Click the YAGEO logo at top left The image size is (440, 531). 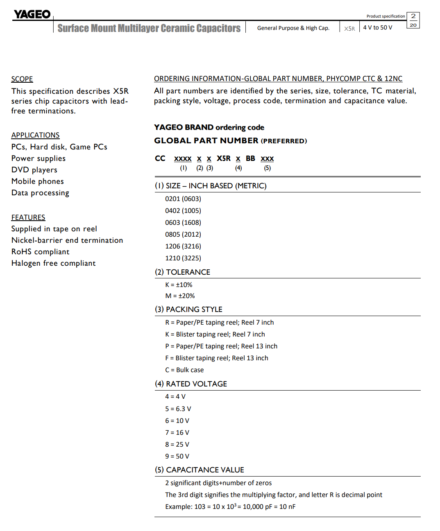coord(32,14)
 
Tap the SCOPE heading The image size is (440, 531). coord(22,79)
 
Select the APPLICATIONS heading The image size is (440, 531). coord(35,135)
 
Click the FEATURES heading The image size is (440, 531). coord(28,217)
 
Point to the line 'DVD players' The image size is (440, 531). coord(34,170)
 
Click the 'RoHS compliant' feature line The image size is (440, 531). coord(40,252)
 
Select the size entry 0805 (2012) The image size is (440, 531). coord(183,234)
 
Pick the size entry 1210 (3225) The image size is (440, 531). coord(183,258)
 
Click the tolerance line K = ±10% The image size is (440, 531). coord(179,285)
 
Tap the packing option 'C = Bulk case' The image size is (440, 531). coord(184,370)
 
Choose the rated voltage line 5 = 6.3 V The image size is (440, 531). coord(178,409)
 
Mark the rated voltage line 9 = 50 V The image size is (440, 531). coord(177,456)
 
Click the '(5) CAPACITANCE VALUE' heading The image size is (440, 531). coord(200,470)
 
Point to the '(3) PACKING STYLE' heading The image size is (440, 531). coord(188,309)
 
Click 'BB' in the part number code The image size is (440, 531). coord(250,158)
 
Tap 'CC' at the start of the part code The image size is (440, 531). coord(160,158)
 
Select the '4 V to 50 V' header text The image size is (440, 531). coord(377,27)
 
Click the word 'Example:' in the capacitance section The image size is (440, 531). coord(179,506)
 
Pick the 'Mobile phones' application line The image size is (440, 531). coord(38,181)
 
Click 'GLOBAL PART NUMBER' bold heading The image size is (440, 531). coord(206,140)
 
